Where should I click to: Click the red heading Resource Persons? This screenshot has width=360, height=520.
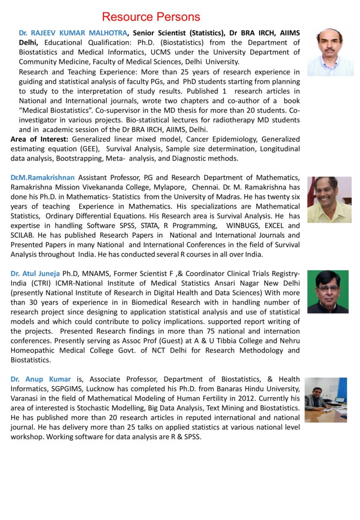coord(151,17)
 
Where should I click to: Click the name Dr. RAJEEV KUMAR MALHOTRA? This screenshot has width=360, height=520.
coord(73,33)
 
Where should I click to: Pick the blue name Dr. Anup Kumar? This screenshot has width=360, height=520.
coord(41,379)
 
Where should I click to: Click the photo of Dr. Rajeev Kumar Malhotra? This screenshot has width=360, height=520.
coord(330,52)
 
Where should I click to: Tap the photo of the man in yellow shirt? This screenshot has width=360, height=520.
coord(329,199)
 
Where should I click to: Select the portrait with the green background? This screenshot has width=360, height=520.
coord(328,291)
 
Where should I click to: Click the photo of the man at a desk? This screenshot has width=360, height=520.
coord(325,399)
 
